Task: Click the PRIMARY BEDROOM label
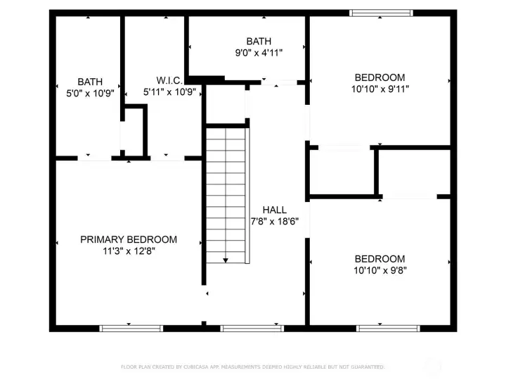click(129, 239)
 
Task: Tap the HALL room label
click(275, 210)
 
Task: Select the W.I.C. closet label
click(169, 80)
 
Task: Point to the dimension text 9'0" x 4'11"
click(259, 53)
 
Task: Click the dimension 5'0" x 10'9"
click(91, 94)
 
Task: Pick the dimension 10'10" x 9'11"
click(380, 89)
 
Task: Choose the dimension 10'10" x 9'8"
click(380, 270)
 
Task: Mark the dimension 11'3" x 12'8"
click(129, 251)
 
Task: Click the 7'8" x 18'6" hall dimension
click(275, 222)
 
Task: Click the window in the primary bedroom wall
click(131, 329)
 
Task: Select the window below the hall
click(252, 329)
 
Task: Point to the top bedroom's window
click(381, 13)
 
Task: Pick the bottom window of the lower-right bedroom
click(388, 329)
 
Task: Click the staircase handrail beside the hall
click(247, 196)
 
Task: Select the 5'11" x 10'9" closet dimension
click(170, 92)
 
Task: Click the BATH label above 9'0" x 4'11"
click(259, 42)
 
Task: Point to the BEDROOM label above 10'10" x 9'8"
click(379, 259)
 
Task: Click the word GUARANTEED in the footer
click(368, 367)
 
